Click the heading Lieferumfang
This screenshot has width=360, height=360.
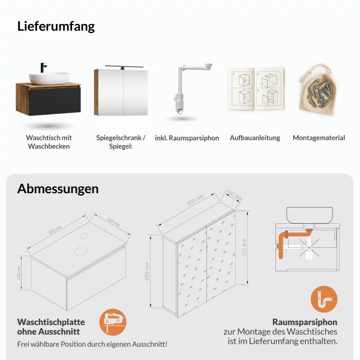56,26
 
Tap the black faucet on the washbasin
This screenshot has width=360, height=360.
43,67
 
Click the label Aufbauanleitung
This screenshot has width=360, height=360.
254,138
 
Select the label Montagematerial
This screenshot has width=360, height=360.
319,138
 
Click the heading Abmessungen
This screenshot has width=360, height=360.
58,189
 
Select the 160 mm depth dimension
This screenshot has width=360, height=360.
233,196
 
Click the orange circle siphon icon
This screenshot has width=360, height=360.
323,299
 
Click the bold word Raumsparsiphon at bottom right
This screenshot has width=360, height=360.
305,322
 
